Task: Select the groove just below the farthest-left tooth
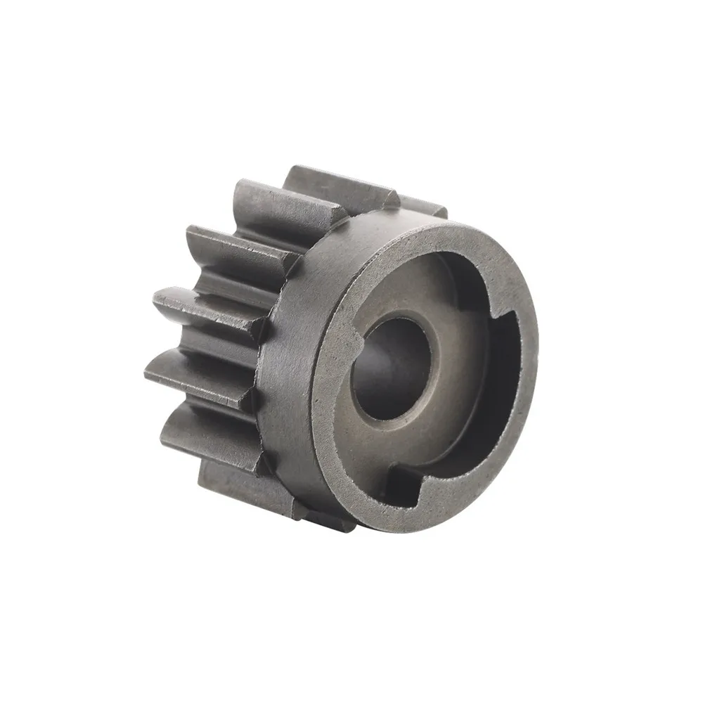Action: (211, 337)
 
